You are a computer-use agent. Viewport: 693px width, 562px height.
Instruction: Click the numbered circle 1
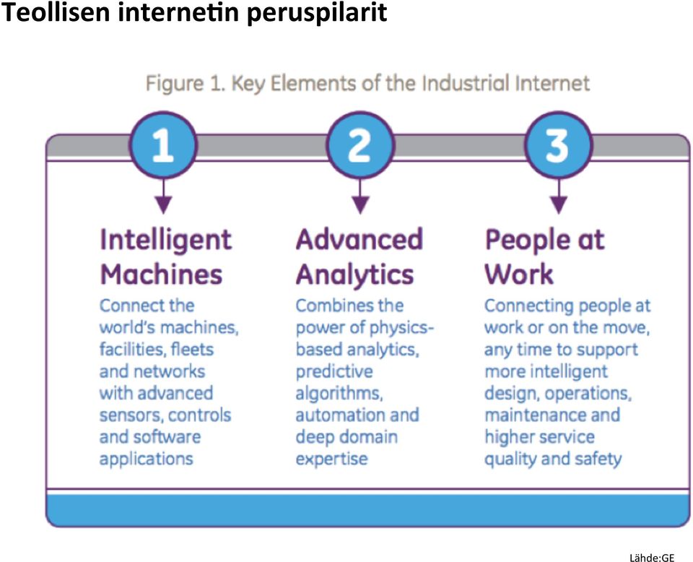pyautogui.click(x=163, y=145)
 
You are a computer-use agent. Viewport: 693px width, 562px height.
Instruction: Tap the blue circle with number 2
pyautogui.click(x=359, y=145)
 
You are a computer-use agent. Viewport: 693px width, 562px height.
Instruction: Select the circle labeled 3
pyautogui.click(x=558, y=145)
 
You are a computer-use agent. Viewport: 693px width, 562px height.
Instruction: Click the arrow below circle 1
pyautogui.click(x=164, y=196)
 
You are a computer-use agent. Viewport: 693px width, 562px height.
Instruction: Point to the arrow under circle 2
pyautogui.click(x=360, y=196)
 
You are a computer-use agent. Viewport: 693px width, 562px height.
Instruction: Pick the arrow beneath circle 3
pyautogui.click(x=559, y=196)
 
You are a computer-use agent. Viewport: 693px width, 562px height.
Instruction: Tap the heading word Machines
pyautogui.click(x=161, y=274)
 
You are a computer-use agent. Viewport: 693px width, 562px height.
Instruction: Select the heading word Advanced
pyautogui.click(x=359, y=239)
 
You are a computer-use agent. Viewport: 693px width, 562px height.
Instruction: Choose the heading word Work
pyautogui.click(x=519, y=274)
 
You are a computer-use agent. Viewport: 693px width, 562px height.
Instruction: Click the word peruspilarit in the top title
pyautogui.click(x=317, y=13)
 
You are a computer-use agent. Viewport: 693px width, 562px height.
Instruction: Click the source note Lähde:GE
pyautogui.click(x=652, y=558)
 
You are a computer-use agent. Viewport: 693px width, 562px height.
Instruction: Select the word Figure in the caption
pyautogui.click(x=174, y=84)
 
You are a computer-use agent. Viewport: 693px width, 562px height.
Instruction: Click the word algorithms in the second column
pyautogui.click(x=339, y=394)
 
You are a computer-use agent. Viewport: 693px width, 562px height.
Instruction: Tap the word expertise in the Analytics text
pyautogui.click(x=331, y=459)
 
